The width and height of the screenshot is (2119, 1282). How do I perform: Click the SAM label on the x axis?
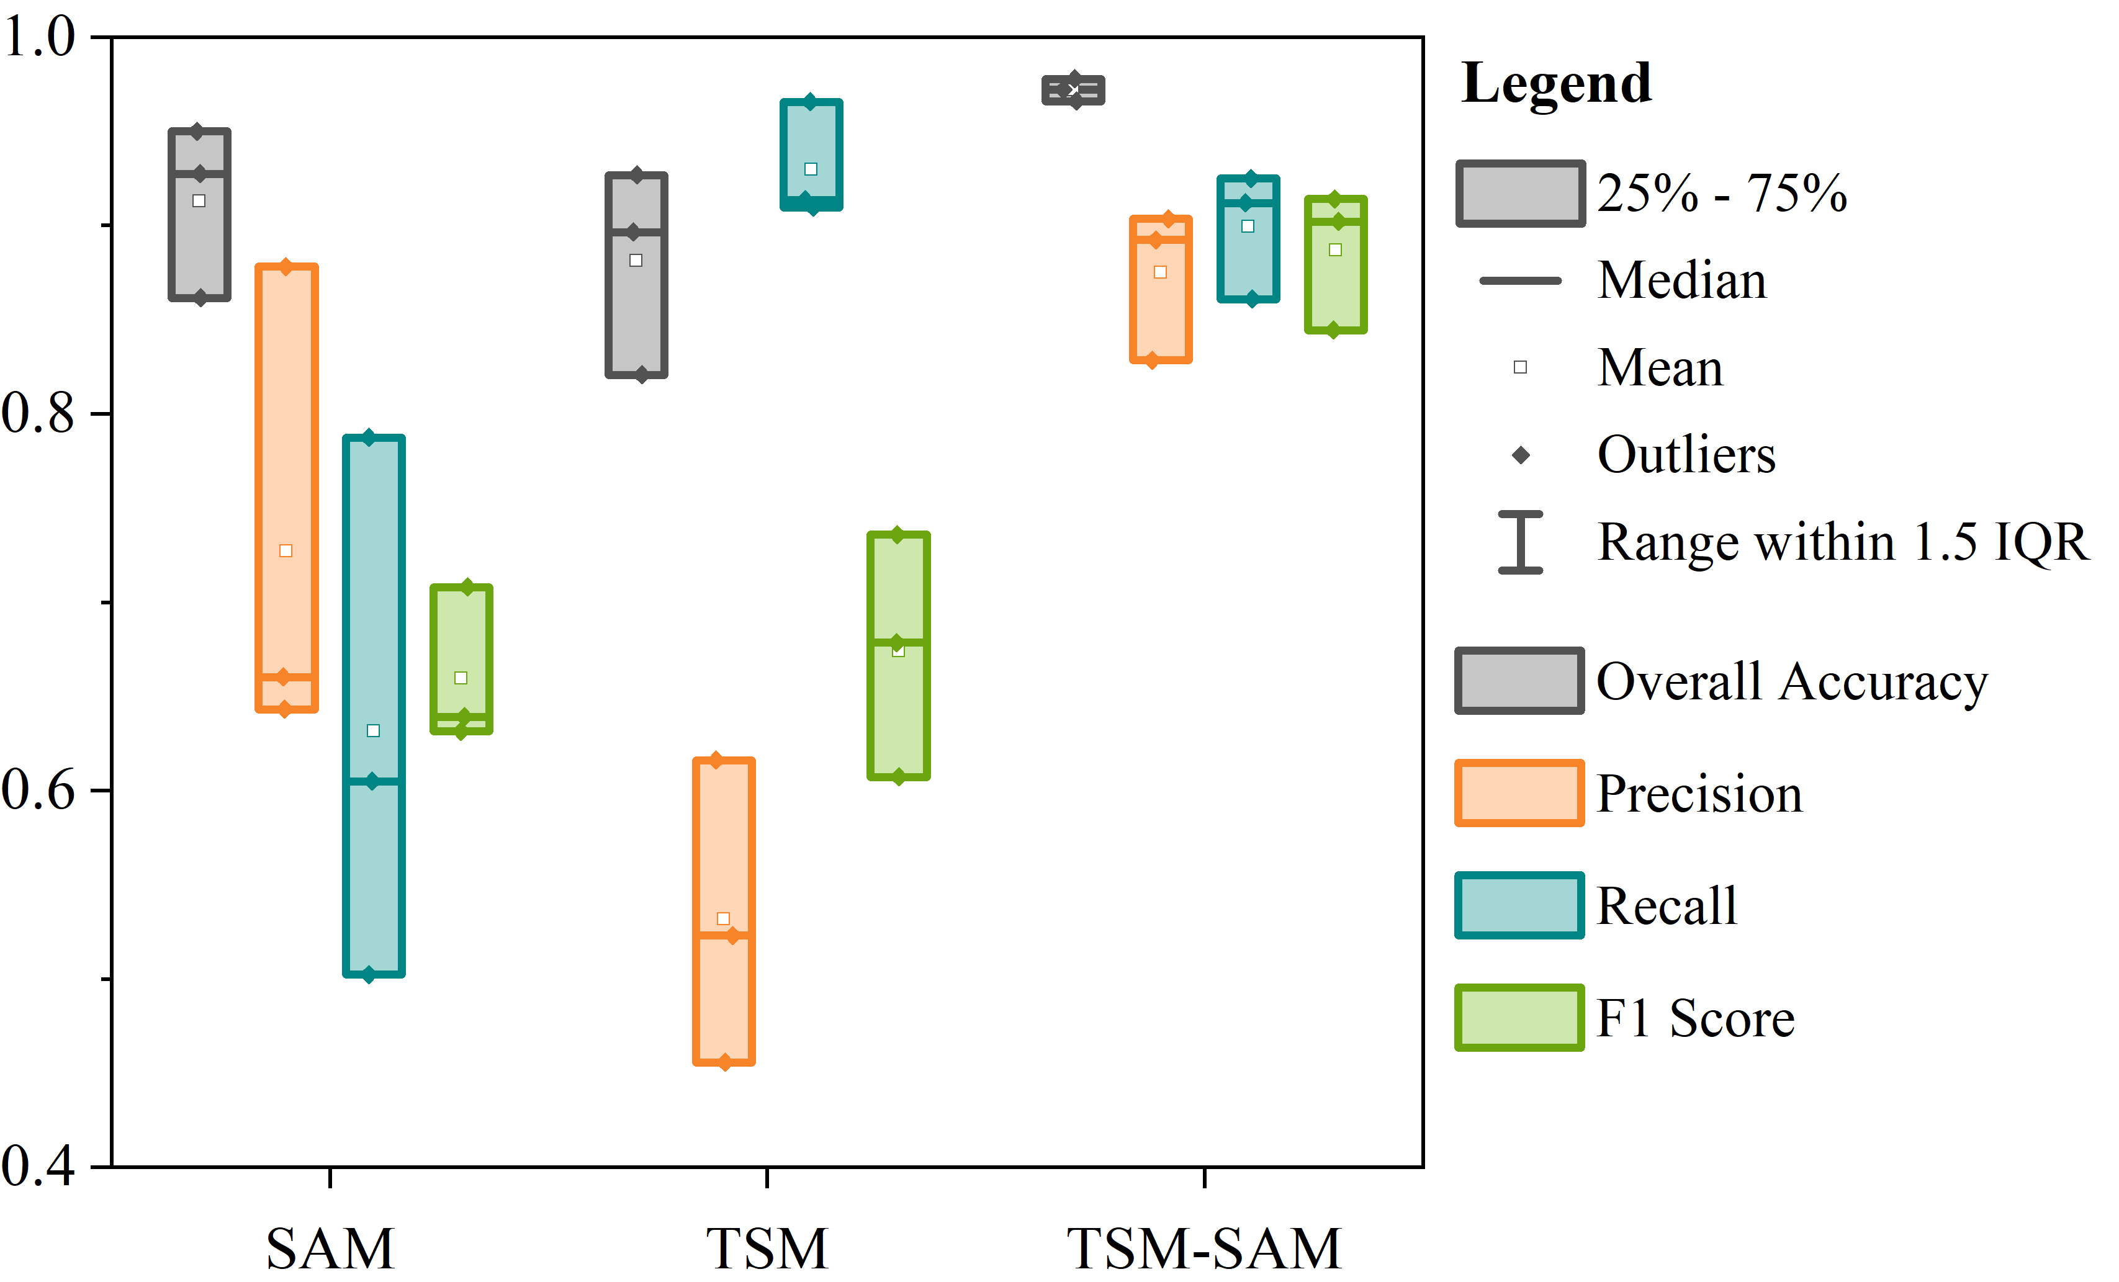click(x=330, y=1248)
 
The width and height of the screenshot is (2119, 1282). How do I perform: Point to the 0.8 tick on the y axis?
click(x=38, y=413)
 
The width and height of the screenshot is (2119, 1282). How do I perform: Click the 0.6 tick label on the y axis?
click(x=38, y=789)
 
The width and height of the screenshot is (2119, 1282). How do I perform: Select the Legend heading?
click(x=1555, y=83)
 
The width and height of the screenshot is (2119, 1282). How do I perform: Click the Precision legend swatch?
click(x=1519, y=793)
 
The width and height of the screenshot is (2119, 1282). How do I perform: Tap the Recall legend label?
click(x=1667, y=905)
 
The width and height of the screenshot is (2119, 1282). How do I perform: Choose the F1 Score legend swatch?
click(x=1519, y=1017)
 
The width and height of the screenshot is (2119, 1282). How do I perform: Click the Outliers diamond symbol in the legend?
click(x=1521, y=455)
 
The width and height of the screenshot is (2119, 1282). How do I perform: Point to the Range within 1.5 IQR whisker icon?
click(x=1521, y=542)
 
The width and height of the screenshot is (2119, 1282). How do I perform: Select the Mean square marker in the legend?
click(x=1521, y=367)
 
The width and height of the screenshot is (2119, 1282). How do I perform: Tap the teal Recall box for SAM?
click(x=373, y=705)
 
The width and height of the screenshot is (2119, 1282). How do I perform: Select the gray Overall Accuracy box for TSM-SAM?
click(x=1073, y=90)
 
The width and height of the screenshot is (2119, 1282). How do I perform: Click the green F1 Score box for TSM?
click(x=899, y=655)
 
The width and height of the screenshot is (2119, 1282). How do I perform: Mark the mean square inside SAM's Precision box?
click(x=286, y=550)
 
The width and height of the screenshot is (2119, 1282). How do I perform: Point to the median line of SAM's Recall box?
click(x=373, y=781)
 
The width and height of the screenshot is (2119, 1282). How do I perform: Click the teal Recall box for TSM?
click(x=811, y=155)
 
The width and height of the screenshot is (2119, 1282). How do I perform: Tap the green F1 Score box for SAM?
click(x=461, y=658)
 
